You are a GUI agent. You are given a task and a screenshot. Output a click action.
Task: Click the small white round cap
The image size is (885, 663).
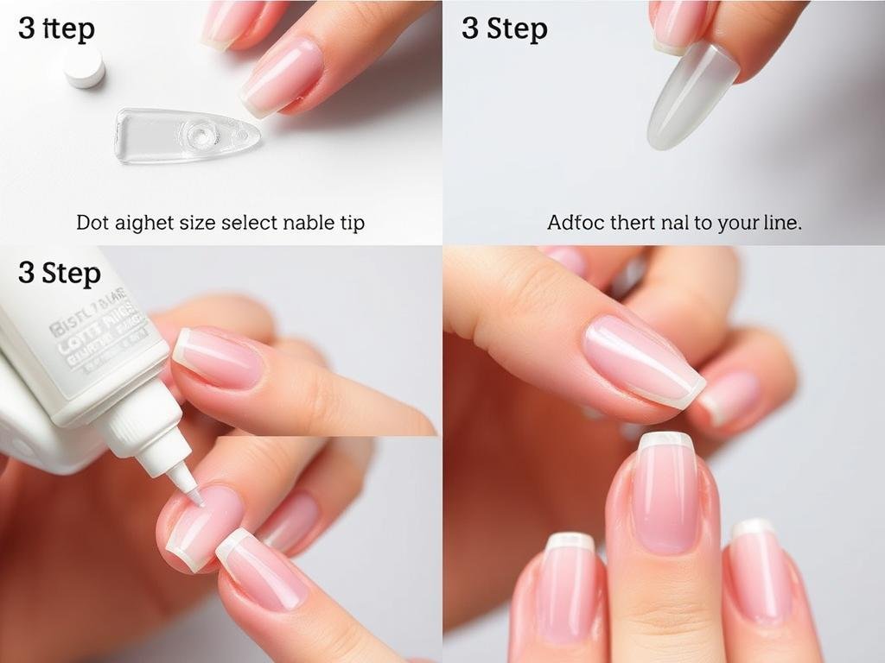point(84,67)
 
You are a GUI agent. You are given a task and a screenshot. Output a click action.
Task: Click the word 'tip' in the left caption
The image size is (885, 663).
point(350,223)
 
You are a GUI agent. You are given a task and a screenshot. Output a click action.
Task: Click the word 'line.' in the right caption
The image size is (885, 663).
point(779,223)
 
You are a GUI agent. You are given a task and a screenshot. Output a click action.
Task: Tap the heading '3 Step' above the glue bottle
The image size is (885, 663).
point(60,274)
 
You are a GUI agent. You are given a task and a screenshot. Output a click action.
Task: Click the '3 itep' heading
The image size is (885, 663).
point(56,28)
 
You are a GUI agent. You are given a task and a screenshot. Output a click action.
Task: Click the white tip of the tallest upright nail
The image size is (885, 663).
point(665,441)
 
